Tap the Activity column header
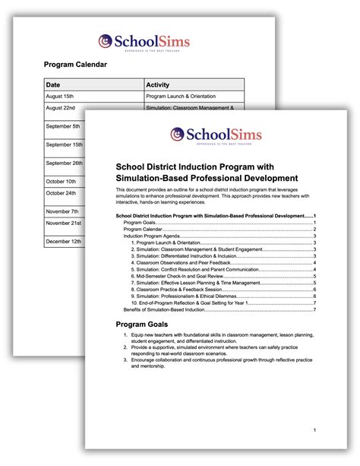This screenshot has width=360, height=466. point(157,84)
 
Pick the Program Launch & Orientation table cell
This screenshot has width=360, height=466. point(181,97)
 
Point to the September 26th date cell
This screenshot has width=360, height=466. point(64,163)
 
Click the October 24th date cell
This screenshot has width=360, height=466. point(61,193)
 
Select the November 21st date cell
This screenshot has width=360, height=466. point(64,223)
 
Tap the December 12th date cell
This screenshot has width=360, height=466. point(64,242)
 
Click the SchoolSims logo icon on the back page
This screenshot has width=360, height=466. point(106,40)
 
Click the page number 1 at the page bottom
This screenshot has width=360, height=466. point(314,430)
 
